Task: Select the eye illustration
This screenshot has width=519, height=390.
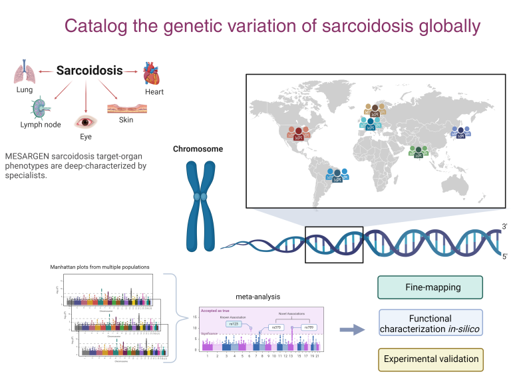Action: pyautogui.click(x=85, y=122)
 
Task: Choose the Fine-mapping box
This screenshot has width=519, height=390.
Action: pyautogui.click(x=429, y=287)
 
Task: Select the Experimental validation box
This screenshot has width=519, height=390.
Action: pyautogui.click(x=429, y=359)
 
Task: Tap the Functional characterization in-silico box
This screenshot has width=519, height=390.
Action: pyautogui.click(x=429, y=324)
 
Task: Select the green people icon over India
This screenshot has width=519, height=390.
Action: pyautogui.click(x=419, y=151)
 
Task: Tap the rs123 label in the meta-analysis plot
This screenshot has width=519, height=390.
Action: pyautogui.click(x=233, y=323)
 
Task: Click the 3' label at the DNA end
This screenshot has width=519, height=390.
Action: pyautogui.click(x=505, y=227)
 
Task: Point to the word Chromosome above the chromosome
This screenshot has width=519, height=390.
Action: pyautogui.click(x=198, y=149)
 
